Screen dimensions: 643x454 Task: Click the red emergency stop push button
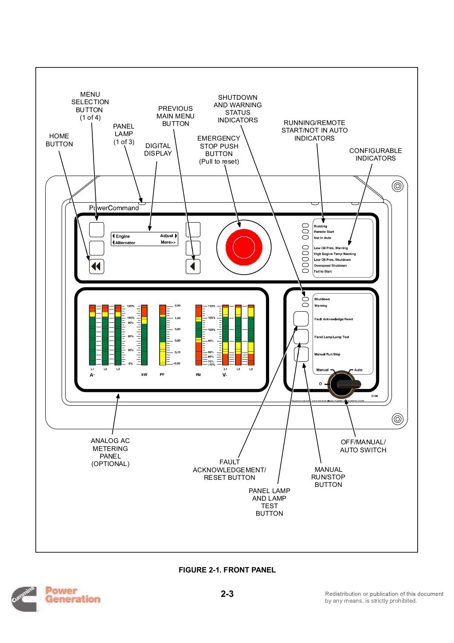click(x=243, y=247)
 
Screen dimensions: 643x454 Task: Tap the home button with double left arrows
click(x=96, y=267)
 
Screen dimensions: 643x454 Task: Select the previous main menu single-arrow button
click(x=193, y=267)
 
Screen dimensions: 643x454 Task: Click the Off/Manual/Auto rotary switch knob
click(x=343, y=384)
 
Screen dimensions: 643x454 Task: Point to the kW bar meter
click(x=144, y=335)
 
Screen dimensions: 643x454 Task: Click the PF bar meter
click(x=162, y=335)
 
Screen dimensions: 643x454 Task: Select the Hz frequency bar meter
click(x=198, y=335)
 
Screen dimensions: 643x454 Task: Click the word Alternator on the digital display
click(x=125, y=243)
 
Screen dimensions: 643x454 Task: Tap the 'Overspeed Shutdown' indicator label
click(x=330, y=266)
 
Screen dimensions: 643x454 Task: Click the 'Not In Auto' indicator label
click(x=322, y=238)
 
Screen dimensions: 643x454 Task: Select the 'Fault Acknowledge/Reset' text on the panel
click(x=333, y=319)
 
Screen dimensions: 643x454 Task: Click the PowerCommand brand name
click(x=114, y=208)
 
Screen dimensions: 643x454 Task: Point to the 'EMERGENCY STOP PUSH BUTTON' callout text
click(x=219, y=150)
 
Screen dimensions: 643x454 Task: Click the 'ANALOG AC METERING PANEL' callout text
click(x=110, y=452)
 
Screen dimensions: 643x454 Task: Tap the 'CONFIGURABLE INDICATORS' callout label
click(x=375, y=154)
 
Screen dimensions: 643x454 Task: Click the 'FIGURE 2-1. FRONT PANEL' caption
click(x=227, y=570)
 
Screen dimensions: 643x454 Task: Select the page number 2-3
click(x=227, y=594)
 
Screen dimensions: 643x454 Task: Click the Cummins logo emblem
click(x=24, y=599)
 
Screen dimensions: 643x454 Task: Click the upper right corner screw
click(x=397, y=186)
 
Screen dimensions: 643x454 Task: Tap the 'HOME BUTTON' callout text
click(x=59, y=140)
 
